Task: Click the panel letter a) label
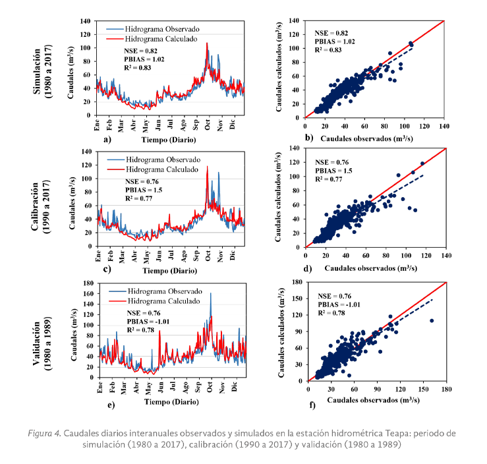pyautogui.click(x=107, y=140)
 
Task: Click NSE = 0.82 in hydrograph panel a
pyautogui.click(x=140, y=51)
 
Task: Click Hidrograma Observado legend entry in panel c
pyautogui.click(x=150, y=159)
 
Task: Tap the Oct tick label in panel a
pyautogui.click(x=208, y=125)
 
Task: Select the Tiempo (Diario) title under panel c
pyautogui.click(x=163, y=270)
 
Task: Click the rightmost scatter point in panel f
pyautogui.click(x=432, y=320)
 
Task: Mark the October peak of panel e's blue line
pyautogui.click(x=211, y=293)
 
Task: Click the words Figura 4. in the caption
pyautogui.click(x=46, y=432)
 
